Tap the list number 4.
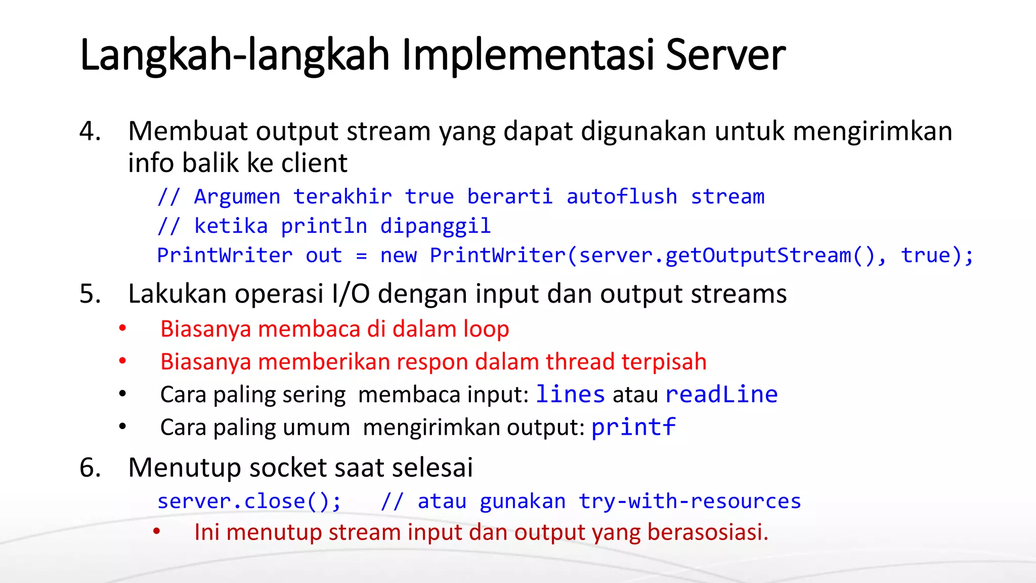(90, 131)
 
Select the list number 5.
(90, 294)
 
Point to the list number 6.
(90, 467)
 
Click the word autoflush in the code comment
(622, 196)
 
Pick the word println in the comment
(324, 226)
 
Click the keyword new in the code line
(399, 255)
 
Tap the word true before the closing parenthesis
(926, 255)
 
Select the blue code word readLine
(721, 394)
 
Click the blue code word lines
(570, 394)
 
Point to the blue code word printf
(633, 427)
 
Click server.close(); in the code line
(249, 501)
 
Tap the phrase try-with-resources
(689, 501)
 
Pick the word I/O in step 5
(351, 294)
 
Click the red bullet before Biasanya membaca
(122, 328)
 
